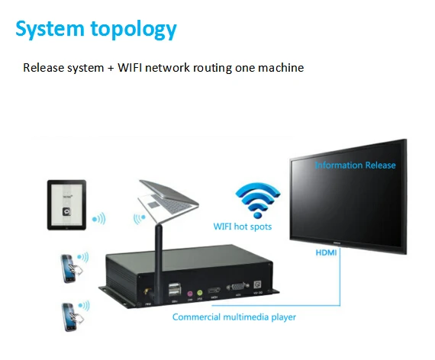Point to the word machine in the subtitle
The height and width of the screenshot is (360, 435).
click(282, 68)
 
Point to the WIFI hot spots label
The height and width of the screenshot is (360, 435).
click(243, 227)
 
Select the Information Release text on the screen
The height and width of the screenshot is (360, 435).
click(356, 165)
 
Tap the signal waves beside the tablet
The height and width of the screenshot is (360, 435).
click(99, 218)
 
